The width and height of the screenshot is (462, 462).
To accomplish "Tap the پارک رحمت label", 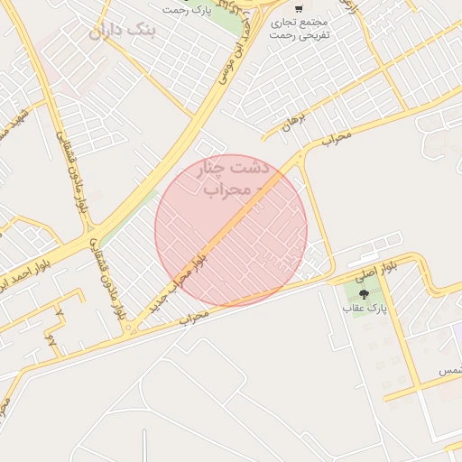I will [187, 9].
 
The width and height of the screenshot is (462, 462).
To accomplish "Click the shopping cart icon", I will [299, 9].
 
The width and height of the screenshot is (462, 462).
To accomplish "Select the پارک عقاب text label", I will [364, 309].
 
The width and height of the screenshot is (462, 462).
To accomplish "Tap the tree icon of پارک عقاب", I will [364, 294].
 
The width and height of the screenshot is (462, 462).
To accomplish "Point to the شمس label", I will [449, 371].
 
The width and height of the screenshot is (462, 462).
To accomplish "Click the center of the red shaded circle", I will [231, 230].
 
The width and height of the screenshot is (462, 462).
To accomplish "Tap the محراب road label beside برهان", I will [336, 138].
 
